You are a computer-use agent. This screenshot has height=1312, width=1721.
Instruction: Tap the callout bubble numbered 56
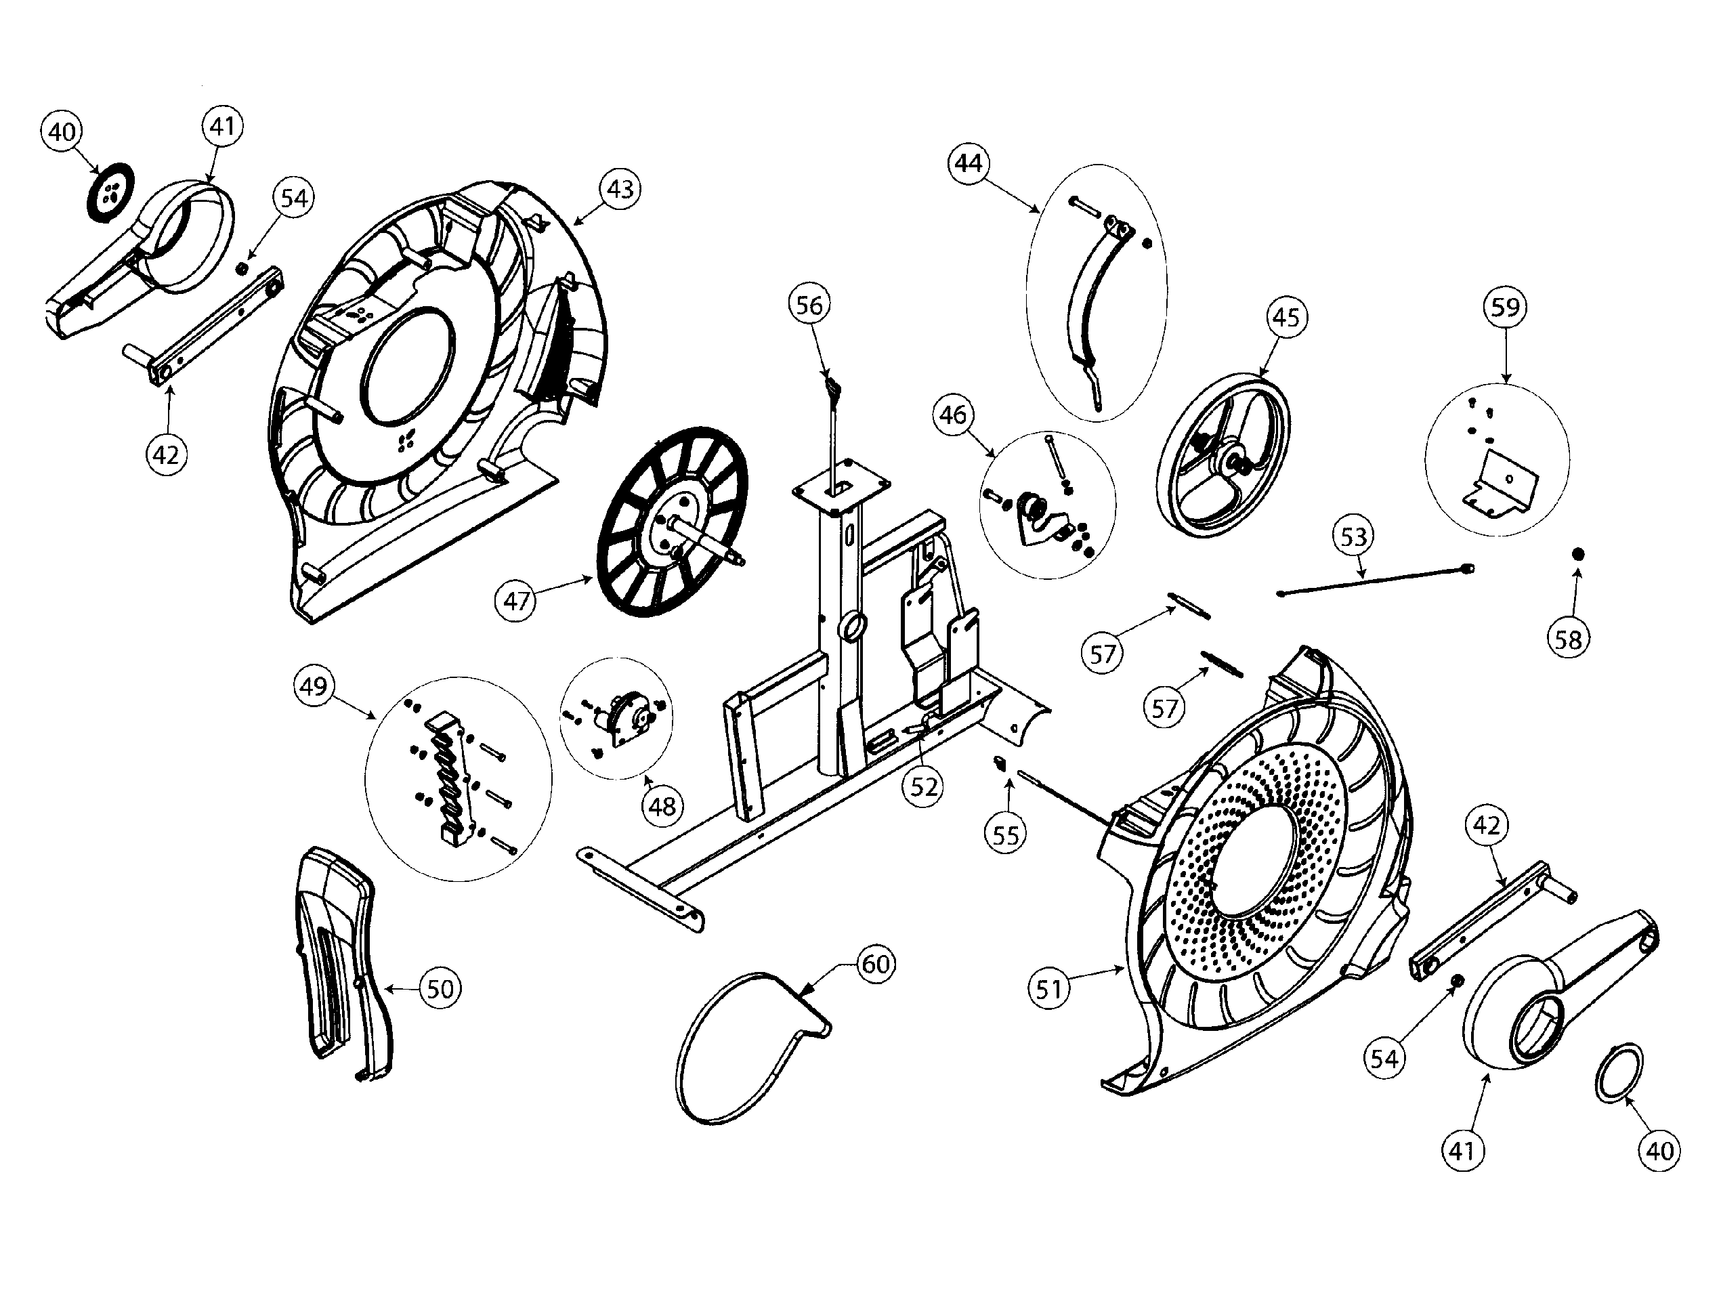coord(809,305)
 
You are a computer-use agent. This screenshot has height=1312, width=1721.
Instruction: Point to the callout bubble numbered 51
coord(1048,990)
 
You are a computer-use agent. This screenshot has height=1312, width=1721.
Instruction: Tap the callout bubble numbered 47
coord(516,601)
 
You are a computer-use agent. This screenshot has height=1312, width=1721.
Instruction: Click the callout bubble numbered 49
coord(313,686)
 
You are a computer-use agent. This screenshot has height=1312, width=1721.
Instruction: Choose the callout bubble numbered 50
coord(440,989)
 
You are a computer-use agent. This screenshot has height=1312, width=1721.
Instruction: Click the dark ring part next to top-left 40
coord(109,193)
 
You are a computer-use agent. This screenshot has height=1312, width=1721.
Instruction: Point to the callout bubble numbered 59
coord(1505,307)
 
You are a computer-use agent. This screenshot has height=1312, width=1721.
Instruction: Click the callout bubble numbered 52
coord(924,786)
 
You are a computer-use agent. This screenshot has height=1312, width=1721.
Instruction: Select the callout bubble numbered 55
coord(1006,835)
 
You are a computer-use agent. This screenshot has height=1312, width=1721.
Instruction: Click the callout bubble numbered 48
coord(662,805)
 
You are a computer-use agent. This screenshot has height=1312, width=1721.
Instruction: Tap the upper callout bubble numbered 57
coord(1103,653)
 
